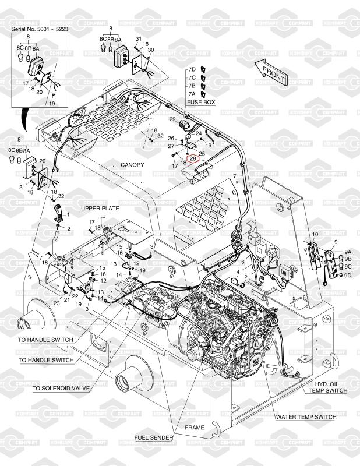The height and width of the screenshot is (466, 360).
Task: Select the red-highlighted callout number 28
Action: (x=192, y=158)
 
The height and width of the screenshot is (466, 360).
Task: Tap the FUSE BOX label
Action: (x=201, y=102)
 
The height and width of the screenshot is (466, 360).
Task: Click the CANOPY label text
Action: (x=132, y=165)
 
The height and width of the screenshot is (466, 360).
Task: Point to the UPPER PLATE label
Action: (x=100, y=208)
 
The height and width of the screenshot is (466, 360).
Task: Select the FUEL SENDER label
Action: (x=153, y=437)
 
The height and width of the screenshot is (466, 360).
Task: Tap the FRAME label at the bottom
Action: (x=195, y=428)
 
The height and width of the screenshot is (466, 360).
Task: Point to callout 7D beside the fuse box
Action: (x=191, y=69)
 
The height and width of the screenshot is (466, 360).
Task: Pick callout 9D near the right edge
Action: (x=348, y=275)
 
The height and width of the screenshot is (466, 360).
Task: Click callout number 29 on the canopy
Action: (x=172, y=119)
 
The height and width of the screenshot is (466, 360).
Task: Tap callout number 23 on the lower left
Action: (x=57, y=303)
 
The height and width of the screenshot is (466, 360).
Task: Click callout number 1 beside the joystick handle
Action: (x=68, y=215)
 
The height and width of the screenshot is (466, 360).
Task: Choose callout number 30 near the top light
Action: (x=150, y=50)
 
